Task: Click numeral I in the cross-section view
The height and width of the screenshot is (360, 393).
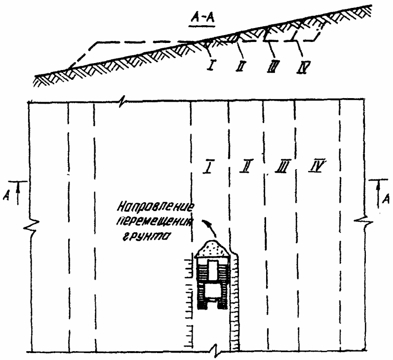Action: [x=211, y=65]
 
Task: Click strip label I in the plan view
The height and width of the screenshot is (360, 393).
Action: [x=208, y=166]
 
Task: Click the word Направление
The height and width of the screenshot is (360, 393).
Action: [x=156, y=208]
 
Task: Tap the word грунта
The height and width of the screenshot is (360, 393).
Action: [x=145, y=237]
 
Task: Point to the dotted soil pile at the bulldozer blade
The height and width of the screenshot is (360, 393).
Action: [x=212, y=249]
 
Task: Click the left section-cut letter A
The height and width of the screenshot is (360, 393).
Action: [x=6, y=196]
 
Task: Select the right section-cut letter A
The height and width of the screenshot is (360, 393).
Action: [x=387, y=198]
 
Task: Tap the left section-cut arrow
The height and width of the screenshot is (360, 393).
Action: [x=18, y=192]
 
